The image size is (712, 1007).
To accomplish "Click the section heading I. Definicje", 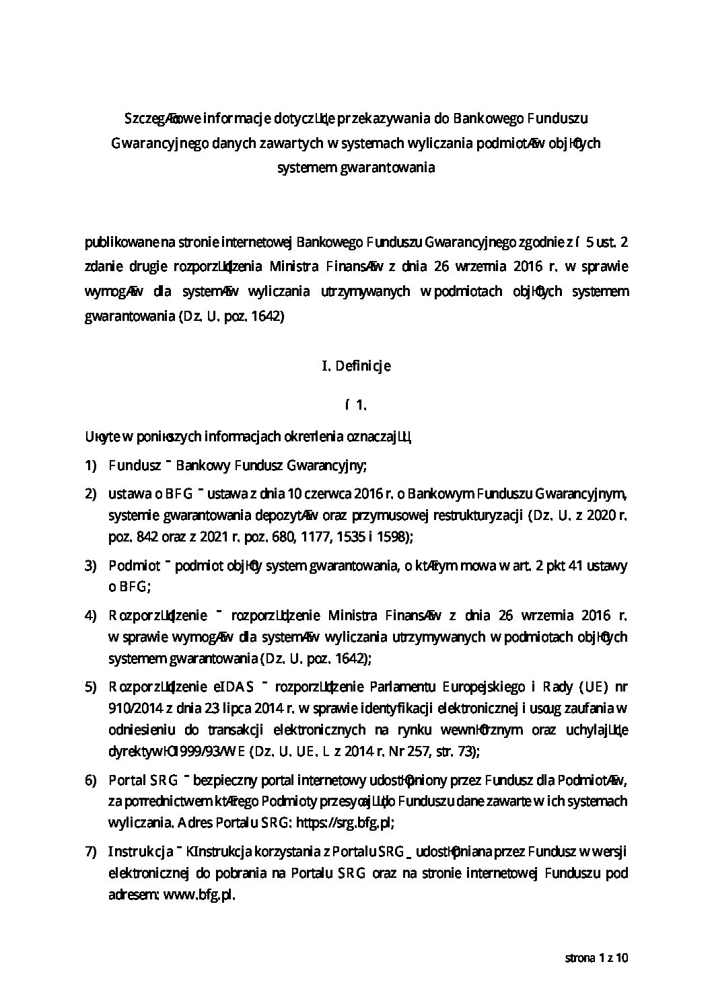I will (x=356, y=367).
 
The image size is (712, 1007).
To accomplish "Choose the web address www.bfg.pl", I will (x=199, y=896).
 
